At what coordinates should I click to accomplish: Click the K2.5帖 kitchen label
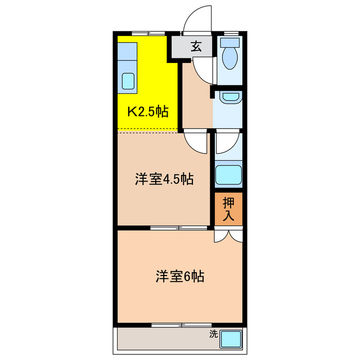(147, 111)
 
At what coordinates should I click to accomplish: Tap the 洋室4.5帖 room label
(164, 179)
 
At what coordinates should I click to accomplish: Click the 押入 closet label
(228, 208)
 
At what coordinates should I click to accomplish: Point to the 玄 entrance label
(195, 47)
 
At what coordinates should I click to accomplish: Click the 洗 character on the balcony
(213, 334)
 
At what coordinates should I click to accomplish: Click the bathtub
(229, 175)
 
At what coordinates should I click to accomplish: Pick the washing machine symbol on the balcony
(231, 339)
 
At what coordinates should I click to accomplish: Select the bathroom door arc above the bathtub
(227, 142)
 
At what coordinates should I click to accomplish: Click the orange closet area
(228, 209)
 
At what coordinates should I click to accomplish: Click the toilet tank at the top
(229, 43)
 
